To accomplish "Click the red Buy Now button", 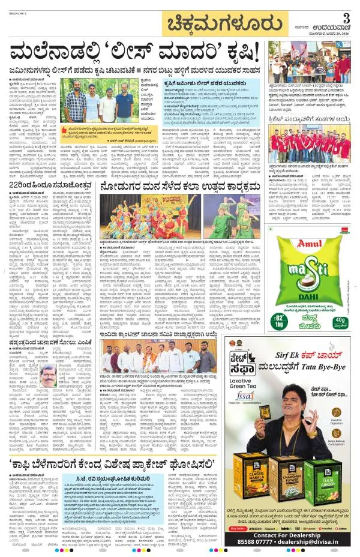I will pyautogui.click(x=238, y=528).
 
